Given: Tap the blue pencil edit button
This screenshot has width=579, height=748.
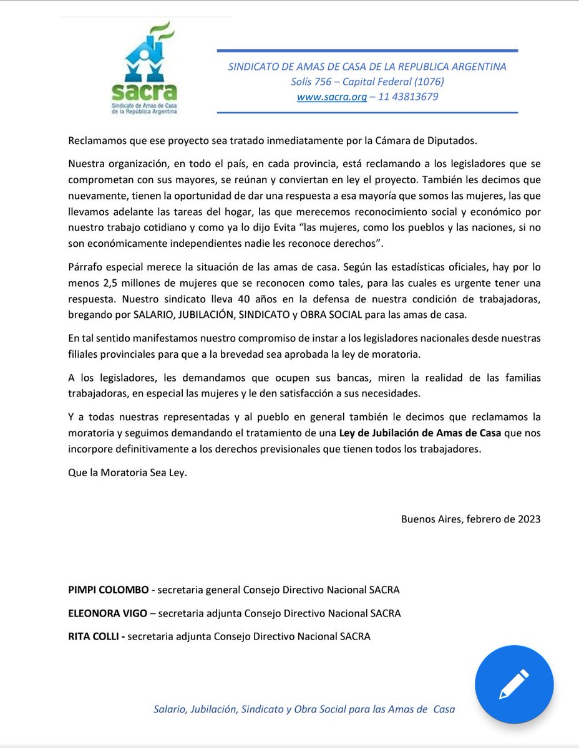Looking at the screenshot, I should [513, 683].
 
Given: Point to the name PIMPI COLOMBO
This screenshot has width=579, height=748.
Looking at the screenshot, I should [109, 590].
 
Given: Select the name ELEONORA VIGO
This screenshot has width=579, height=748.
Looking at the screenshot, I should [107, 613].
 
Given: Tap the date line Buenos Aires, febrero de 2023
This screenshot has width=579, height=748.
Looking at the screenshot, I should [470, 519].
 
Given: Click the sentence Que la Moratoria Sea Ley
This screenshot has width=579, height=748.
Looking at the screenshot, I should [127, 472].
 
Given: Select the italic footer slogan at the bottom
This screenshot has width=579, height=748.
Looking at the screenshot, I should [304, 709].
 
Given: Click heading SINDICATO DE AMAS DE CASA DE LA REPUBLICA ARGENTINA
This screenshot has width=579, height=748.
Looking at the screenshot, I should [367, 67].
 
